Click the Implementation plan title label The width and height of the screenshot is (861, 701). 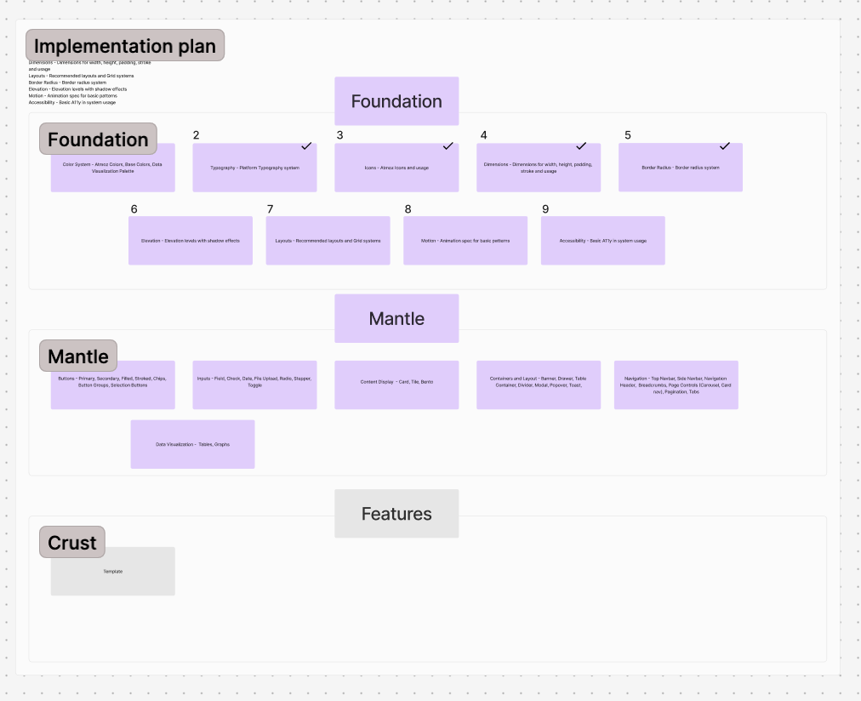(125, 46)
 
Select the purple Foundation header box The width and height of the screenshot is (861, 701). (396, 101)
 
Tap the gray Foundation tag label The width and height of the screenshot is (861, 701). (98, 140)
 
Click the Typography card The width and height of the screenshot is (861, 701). (254, 168)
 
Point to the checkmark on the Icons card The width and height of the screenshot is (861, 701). (448, 146)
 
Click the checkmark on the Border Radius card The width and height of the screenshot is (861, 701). (725, 146)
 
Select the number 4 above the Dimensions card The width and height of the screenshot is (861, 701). (484, 135)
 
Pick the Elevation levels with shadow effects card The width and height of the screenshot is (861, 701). (191, 241)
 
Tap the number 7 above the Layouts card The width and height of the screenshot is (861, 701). (270, 209)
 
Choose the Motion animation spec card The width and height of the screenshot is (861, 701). (465, 241)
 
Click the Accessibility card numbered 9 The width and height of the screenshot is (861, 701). (602, 241)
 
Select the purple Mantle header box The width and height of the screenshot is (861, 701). (396, 319)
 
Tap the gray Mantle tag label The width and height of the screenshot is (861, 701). (78, 356)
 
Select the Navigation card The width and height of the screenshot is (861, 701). (676, 385)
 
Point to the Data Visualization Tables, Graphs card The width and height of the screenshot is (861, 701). (192, 444)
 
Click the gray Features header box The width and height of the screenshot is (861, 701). (396, 514)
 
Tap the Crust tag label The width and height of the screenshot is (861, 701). (72, 543)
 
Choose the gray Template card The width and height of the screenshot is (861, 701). (112, 572)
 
